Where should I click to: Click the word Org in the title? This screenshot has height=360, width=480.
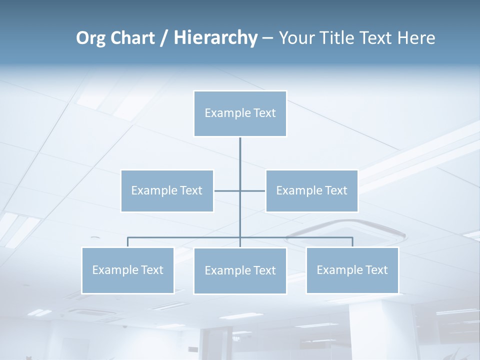tap(91, 38)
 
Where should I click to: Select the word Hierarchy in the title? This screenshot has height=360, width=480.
tap(215, 38)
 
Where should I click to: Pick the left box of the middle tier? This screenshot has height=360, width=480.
tap(167, 190)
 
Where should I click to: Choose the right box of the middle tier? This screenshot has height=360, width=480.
tap(311, 190)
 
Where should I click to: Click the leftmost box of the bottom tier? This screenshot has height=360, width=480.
tap(127, 270)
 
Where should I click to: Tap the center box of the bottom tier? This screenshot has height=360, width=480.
tap(240, 271)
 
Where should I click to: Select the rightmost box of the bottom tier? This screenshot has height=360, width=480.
tap(352, 270)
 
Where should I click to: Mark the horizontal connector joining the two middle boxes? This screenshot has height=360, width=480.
tap(227, 190)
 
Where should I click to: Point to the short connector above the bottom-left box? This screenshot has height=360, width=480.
tap(127, 242)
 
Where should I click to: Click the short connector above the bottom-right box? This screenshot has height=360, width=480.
tap(352, 242)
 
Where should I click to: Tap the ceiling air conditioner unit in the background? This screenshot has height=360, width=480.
tap(345, 231)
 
